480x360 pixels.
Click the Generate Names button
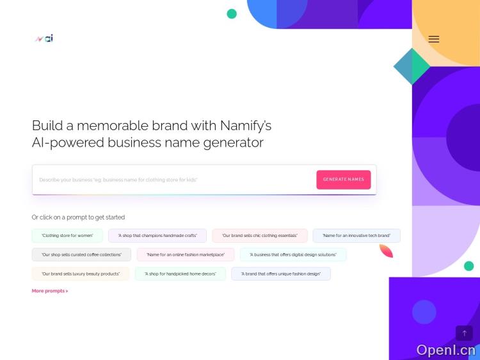pos(343,179)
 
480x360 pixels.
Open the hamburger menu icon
pos(434,39)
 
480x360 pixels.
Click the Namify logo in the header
pos(44,38)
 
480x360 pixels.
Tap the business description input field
pos(173,180)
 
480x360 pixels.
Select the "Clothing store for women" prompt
pos(67,236)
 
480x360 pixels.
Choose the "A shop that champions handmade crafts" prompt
pos(157,236)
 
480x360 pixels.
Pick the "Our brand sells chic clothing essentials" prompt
pos(260,236)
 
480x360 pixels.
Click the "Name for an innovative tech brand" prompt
pos(356,236)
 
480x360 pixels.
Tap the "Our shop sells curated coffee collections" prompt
pos(81,255)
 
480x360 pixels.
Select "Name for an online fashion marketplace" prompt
pos(186,255)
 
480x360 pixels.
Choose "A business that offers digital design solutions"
pos(293,255)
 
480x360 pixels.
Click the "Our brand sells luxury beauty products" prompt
pos(81,274)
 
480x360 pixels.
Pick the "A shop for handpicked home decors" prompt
pos(180,274)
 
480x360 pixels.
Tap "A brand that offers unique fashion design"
pos(281,274)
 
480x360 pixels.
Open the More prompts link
pos(50,291)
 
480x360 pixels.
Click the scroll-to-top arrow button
pos(464,333)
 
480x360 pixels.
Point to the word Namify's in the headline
pos(246,126)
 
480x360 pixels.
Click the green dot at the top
pos(232,13)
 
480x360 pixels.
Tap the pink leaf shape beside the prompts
pos(386,250)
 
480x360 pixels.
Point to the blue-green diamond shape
pos(411,65)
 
